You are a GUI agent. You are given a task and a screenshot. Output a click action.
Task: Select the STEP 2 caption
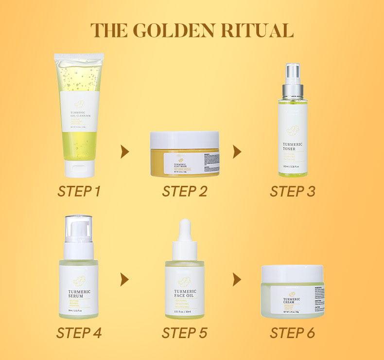(x=185, y=191)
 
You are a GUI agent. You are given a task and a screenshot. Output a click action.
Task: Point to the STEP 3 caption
(x=292, y=191)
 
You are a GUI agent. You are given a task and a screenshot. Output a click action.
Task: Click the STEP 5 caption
(x=185, y=333)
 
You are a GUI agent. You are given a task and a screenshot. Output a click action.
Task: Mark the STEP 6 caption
(x=292, y=333)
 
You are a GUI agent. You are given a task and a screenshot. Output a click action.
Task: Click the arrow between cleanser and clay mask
(x=125, y=152)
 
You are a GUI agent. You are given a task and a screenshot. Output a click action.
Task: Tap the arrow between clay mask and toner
(x=237, y=152)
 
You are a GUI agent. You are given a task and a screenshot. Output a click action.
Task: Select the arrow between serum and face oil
(x=125, y=280)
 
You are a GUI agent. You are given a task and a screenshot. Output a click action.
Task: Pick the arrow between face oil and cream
(x=237, y=280)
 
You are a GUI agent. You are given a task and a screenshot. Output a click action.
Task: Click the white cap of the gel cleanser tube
(x=80, y=168)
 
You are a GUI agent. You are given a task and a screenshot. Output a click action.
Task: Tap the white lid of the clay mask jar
(x=184, y=140)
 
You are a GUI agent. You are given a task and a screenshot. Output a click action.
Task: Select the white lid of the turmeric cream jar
(x=292, y=274)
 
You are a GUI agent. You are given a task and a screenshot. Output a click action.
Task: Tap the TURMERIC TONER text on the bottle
(x=293, y=147)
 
